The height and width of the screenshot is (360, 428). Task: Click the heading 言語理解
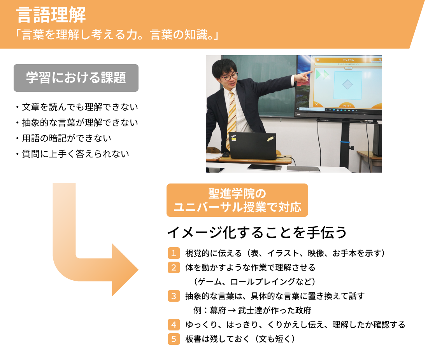click(51, 15)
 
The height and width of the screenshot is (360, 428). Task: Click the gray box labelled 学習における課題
click(76, 78)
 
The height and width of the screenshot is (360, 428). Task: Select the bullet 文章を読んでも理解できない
click(77, 107)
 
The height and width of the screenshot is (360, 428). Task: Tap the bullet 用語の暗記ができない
click(63, 138)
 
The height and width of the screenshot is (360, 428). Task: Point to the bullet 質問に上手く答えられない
click(72, 154)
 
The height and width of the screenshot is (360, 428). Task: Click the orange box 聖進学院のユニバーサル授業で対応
click(237, 200)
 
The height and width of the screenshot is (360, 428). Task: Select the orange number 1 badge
click(174, 253)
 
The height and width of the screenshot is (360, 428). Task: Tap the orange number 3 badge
click(174, 296)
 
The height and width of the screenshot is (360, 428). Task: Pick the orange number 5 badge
click(174, 339)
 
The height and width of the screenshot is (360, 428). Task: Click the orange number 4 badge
click(174, 325)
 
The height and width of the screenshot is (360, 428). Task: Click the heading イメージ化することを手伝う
click(257, 232)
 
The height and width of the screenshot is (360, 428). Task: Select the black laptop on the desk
click(253, 145)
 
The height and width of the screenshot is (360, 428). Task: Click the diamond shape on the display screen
click(347, 84)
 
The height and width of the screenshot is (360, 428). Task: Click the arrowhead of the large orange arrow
click(125, 270)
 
